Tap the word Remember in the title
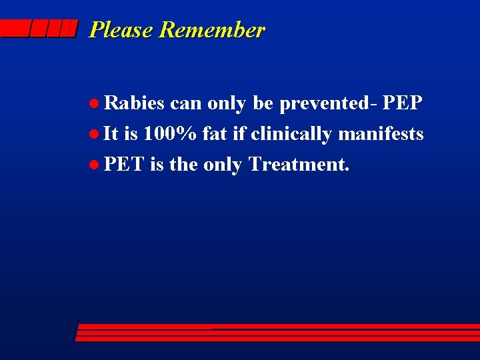212,30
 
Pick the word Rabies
135,103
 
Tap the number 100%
170,133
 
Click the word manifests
381,133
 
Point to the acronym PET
124,163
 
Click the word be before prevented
263,103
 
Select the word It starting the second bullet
111,133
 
